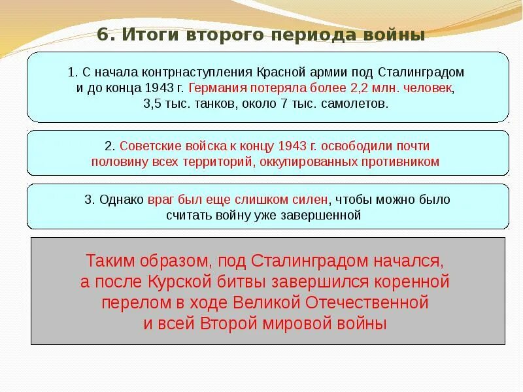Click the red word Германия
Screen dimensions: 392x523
[x=219, y=88]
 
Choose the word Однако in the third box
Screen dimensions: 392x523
[x=118, y=199]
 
